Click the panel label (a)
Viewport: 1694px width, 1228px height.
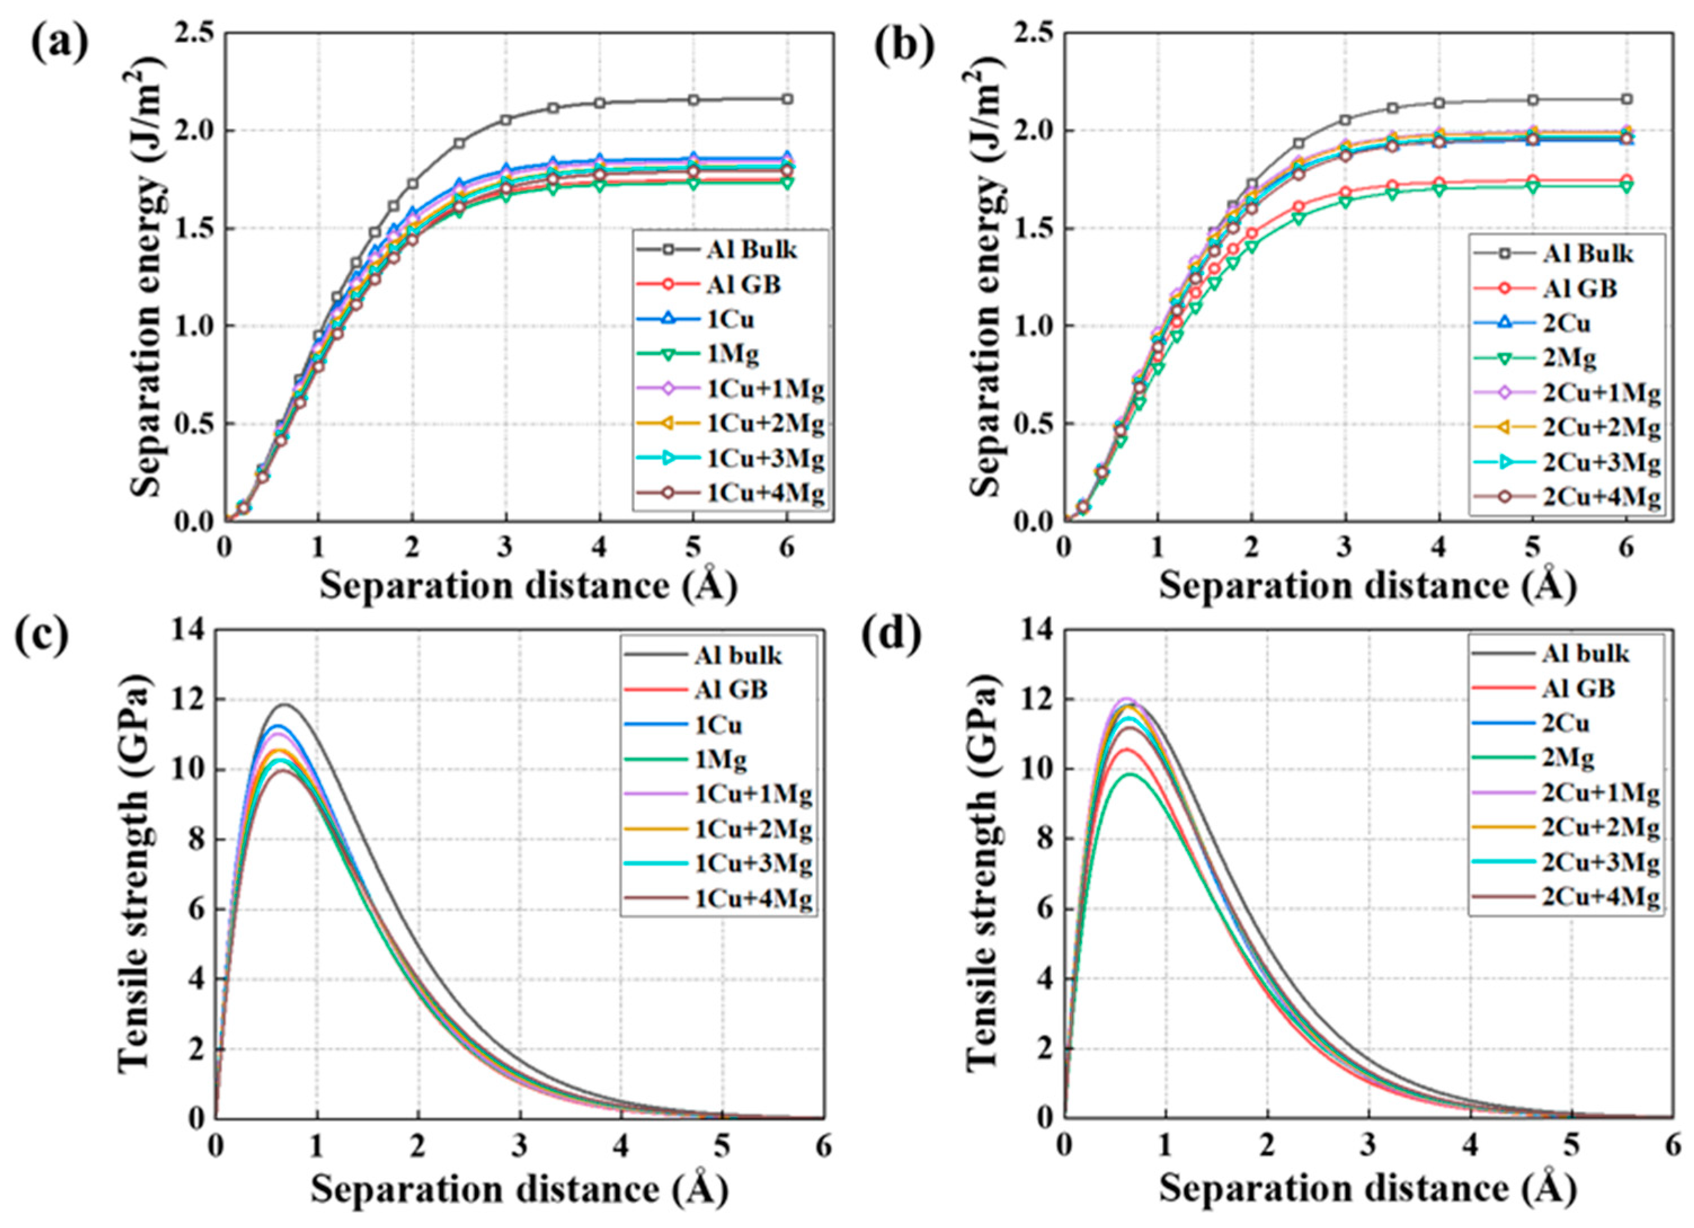click(x=59, y=46)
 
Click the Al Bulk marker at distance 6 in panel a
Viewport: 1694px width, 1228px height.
click(x=787, y=99)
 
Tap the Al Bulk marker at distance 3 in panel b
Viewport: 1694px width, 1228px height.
click(x=1345, y=119)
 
